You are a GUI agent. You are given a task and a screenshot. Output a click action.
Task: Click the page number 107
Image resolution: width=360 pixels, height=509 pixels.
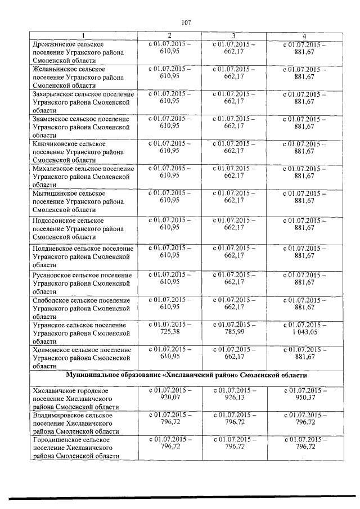(x=187, y=23)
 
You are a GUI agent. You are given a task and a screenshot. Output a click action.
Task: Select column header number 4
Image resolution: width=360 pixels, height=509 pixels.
(x=304, y=36)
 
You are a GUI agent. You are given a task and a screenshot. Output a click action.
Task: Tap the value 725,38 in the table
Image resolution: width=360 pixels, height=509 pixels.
(x=170, y=333)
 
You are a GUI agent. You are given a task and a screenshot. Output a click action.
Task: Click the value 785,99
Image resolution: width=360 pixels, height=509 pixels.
(x=233, y=333)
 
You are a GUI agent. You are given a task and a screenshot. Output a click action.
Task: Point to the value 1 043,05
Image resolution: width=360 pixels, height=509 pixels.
(x=304, y=333)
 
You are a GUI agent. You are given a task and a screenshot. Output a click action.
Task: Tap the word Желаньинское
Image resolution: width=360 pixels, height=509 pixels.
(x=57, y=69)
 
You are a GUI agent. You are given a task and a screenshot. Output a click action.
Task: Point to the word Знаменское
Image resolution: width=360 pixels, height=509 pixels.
(x=52, y=119)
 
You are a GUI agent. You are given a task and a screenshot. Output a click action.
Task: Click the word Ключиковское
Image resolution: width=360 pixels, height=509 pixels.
(x=56, y=145)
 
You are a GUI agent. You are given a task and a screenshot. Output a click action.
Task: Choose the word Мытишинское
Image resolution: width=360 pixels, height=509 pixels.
(x=55, y=193)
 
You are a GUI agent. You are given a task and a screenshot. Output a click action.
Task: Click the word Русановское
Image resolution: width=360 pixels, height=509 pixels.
(x=54, y=275)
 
